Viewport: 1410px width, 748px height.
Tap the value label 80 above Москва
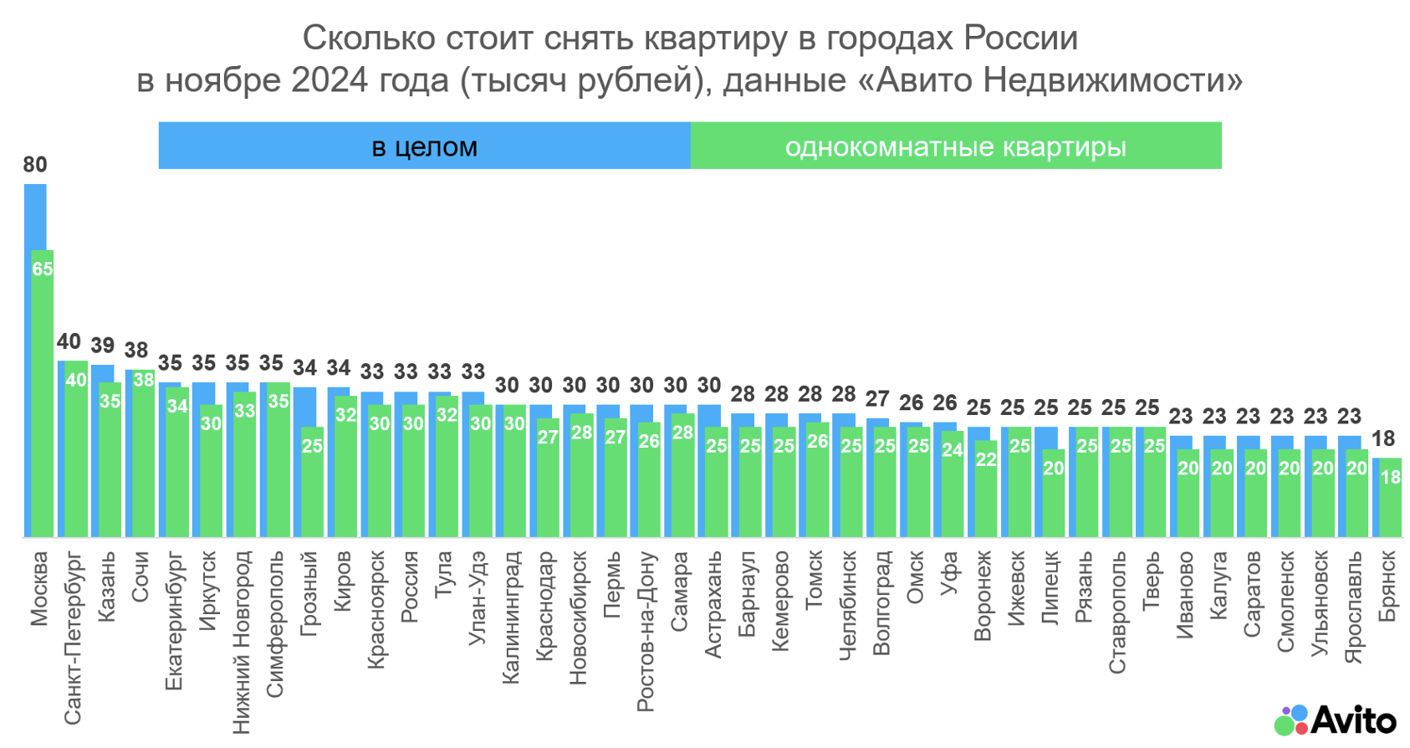(35, 165)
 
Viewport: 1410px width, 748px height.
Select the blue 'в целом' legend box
(424, 146)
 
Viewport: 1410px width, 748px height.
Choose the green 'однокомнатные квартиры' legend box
(955, 146)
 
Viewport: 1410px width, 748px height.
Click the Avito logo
(1335, 720)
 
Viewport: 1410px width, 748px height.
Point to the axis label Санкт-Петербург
(73, 637)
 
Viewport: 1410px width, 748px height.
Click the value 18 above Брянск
(1383, 438)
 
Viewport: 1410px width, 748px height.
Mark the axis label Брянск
(1387, 587)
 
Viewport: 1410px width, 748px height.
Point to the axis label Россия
(409, 587)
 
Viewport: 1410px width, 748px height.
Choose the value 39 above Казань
(103, 346)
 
